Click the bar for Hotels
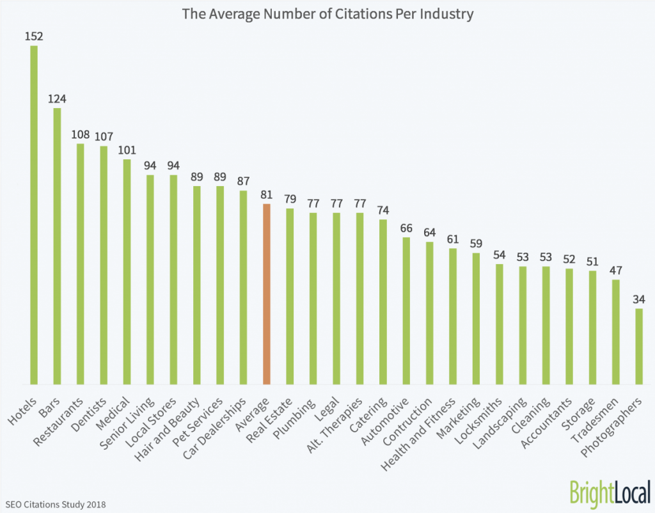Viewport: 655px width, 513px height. [34, 215]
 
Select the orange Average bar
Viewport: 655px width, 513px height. [267, 294]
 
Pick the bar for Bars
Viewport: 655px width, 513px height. [57, 246]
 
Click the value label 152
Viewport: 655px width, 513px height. [34, 36]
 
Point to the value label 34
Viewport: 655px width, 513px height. [638, 299]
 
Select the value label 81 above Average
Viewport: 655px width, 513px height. [267, 194]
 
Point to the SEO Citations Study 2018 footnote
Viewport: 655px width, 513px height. [54, 503]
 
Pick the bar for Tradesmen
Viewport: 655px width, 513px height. [615, 332]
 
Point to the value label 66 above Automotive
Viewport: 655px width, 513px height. [406, 228]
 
